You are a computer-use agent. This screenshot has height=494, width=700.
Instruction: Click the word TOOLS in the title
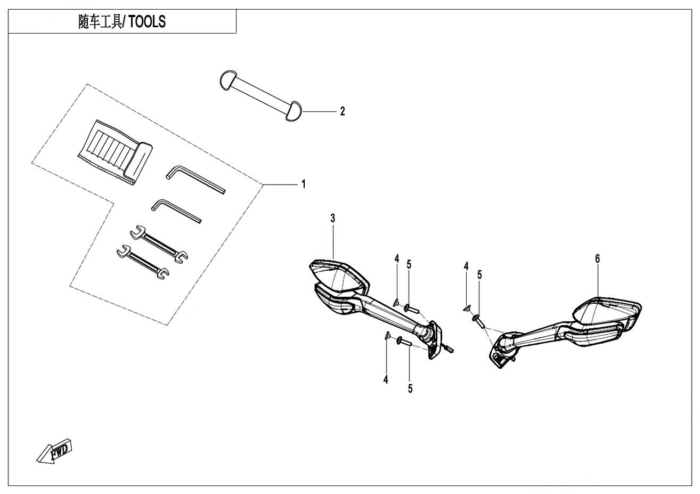click(x=147, y=22)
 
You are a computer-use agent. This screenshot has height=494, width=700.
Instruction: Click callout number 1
click(x=303, y=184)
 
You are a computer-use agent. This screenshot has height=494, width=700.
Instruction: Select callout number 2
click(x=343, y=111)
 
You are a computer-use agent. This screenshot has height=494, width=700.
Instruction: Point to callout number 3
click(x=332, y=218)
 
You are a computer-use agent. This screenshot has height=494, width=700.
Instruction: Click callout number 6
click(x=597, y=258)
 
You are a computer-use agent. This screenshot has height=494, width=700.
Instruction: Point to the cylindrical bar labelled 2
click(x=261, y=93)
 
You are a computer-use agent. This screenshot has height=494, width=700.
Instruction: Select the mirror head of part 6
click(x=607, y=314)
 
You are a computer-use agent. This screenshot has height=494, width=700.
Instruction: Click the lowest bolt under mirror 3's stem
click(x=403, y=343)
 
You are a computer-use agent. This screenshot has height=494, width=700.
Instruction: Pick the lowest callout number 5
click(x=410, y=388)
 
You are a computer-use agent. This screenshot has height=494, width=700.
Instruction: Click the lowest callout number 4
click(x=386, y=379)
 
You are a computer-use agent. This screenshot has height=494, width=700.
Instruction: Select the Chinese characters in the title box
click(x=100, y=22)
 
